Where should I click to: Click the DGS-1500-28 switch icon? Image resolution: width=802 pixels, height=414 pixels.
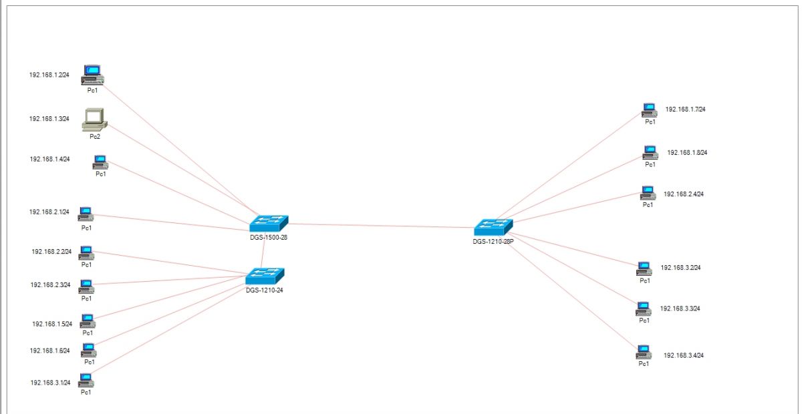click(269, 223)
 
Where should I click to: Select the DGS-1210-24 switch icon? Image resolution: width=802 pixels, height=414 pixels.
click(265, 276)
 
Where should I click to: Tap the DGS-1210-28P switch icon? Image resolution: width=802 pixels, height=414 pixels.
click(493, 227)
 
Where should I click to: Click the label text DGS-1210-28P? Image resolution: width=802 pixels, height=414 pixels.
click(493, 242)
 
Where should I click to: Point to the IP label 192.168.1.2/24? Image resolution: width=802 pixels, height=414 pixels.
click(49, 75)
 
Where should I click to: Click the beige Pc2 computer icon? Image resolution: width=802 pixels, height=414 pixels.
click(94, 120)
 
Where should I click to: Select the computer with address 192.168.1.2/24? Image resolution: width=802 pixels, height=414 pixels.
click(92, 75)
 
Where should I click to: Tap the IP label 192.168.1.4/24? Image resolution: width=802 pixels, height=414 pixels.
click(49, 159)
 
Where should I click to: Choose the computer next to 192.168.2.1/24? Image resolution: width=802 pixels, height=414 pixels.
click(86, 214)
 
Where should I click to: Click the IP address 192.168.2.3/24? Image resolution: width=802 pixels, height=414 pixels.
click(51, 285)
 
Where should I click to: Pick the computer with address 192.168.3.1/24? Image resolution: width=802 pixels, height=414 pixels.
click(86, 381)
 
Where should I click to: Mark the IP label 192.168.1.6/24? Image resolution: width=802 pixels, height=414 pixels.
click(49, 351)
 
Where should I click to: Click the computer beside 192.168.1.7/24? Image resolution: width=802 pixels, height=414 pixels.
click(649, 110)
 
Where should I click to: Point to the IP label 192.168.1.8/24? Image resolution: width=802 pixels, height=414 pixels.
click(687, 152)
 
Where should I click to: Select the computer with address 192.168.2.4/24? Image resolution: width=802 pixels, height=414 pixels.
click(648, 193)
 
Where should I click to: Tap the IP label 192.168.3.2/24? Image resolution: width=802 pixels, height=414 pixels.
click(680, 268)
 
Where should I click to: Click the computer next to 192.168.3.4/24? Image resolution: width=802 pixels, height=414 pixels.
click(644, 352)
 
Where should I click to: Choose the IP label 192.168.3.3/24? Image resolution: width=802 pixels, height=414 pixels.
click(680, 308)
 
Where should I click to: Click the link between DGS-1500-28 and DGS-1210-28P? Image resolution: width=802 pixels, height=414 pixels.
click(381, 226)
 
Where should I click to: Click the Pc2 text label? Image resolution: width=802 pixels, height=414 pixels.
click(95, 137)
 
